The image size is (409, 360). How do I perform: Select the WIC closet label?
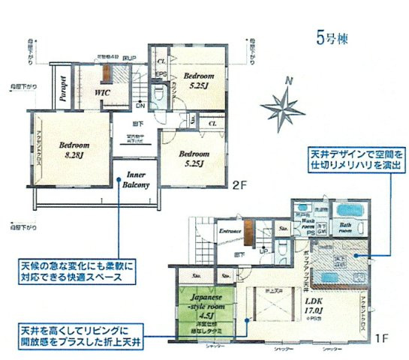coord(103,92)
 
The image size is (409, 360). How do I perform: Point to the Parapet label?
coord(65,89)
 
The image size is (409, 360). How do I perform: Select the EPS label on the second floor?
coord(161,73)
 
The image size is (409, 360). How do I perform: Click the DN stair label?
coord(140,105)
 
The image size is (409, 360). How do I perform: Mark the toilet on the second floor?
coord(160,94)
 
